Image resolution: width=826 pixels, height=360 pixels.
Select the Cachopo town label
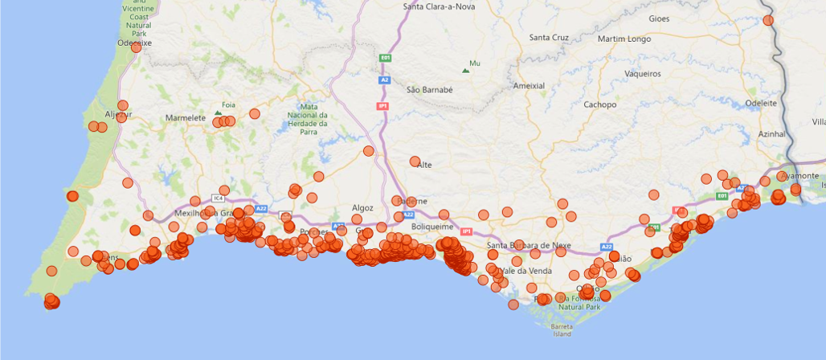[x=600, y=104]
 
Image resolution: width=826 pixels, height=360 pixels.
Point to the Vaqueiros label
[x=642, y=74]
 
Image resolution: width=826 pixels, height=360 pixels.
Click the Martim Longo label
[x=624, y=39]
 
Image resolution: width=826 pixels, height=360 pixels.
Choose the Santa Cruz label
[x=549, y=38]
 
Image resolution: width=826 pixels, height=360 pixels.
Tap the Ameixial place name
[x=529, y=86]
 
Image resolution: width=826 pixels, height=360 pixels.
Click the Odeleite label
[x=761, y=104]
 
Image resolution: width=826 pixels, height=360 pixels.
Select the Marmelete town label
[x=186, y=117]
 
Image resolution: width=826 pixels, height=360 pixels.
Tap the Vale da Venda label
[x=526, y=271]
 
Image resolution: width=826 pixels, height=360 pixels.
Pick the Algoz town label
[x=362, y=208]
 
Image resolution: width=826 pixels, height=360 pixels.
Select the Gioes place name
[x=658, y=18]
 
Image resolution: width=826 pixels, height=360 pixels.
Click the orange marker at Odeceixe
[x=137, y=47]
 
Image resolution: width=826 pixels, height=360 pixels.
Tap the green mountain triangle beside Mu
[x=464, y=70]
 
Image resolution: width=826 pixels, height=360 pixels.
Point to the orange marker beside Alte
[x=415, y=162]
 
